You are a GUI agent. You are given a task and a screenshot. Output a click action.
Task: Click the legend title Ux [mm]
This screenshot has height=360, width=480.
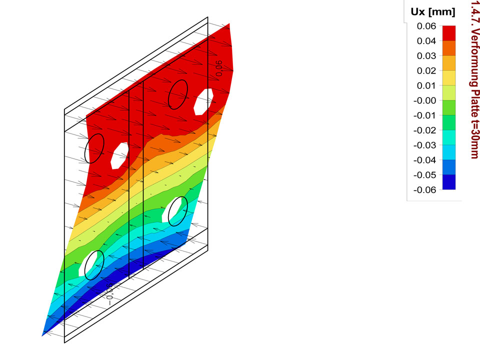point(433,12)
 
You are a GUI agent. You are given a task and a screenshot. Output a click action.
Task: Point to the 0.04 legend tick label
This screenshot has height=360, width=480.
point(426,41)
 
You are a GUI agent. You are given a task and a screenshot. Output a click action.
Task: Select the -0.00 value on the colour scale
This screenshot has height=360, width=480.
point(424,100)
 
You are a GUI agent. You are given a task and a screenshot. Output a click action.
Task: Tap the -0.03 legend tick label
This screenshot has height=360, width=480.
point(424,145)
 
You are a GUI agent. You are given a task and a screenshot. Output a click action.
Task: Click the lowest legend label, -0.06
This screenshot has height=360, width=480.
point(424,190)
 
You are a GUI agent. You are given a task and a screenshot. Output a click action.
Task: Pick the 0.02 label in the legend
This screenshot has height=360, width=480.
point(426,70)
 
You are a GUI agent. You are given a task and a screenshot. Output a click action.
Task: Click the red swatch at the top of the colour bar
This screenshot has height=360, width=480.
point(449,33)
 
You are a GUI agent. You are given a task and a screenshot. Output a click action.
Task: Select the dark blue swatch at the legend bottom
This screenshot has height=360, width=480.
point(449,182)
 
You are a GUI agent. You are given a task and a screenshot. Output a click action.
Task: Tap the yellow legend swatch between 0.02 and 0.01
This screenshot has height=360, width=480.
point(449,78)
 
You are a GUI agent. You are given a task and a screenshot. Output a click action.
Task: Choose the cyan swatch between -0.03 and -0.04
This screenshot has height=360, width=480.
point(449,152)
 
